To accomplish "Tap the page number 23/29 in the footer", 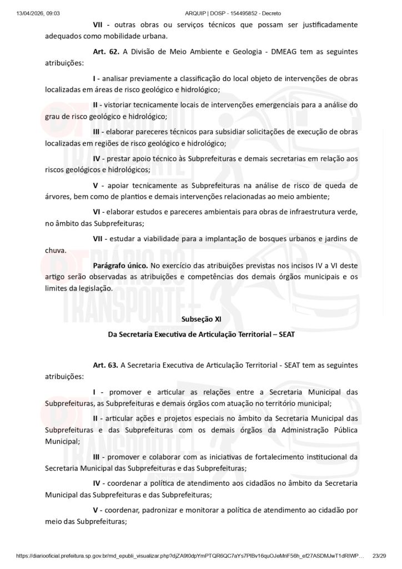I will coord(379,556).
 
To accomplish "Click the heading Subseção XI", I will coord(201,319).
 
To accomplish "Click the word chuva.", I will coord(56,250).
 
